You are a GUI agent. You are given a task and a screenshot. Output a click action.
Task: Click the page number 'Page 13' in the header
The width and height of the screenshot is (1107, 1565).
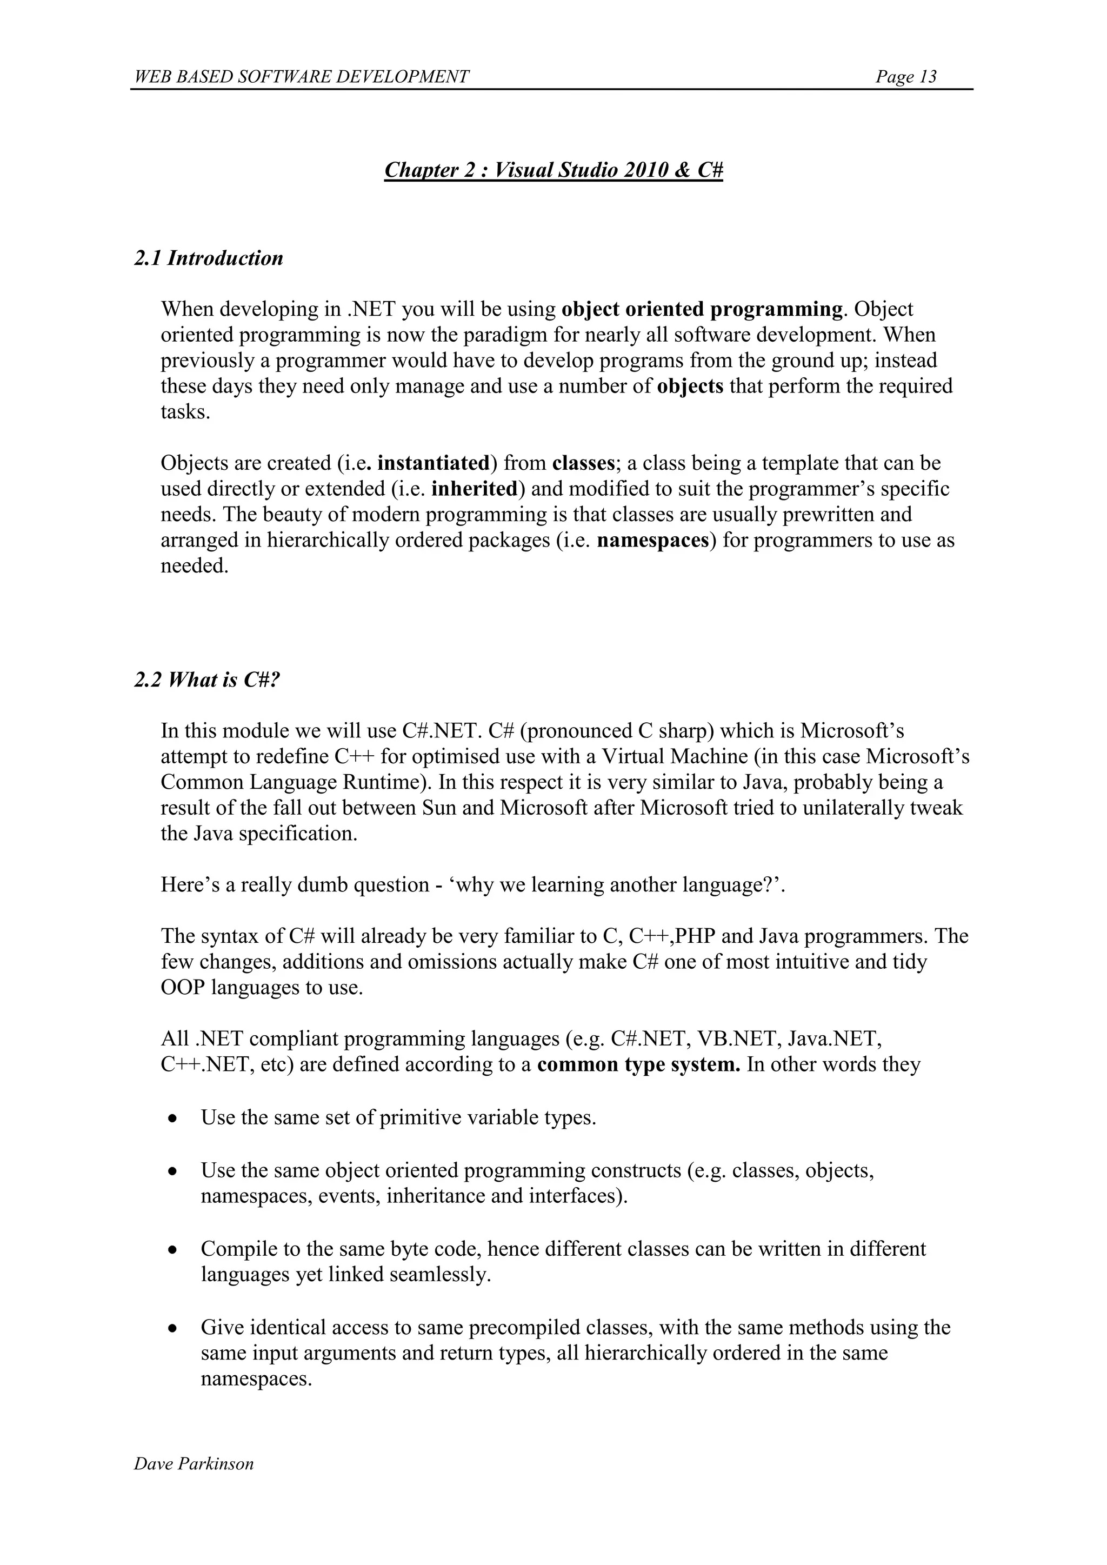point(906,76)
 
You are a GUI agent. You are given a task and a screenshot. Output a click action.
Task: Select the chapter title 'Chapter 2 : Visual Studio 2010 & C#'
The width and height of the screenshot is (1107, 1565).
point(553,170)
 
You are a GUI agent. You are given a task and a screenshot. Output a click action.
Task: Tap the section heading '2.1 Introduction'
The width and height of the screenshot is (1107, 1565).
point(209,258)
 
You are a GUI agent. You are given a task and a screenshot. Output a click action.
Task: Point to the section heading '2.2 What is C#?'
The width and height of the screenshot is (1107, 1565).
point(207,680)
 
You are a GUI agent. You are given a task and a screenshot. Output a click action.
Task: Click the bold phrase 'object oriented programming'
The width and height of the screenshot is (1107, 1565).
point(702,309)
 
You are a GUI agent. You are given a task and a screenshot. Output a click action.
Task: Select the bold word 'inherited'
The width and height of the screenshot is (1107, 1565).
point(475,489)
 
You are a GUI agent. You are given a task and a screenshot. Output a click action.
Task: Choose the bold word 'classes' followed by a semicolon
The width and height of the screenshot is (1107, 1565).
point(583,463)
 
